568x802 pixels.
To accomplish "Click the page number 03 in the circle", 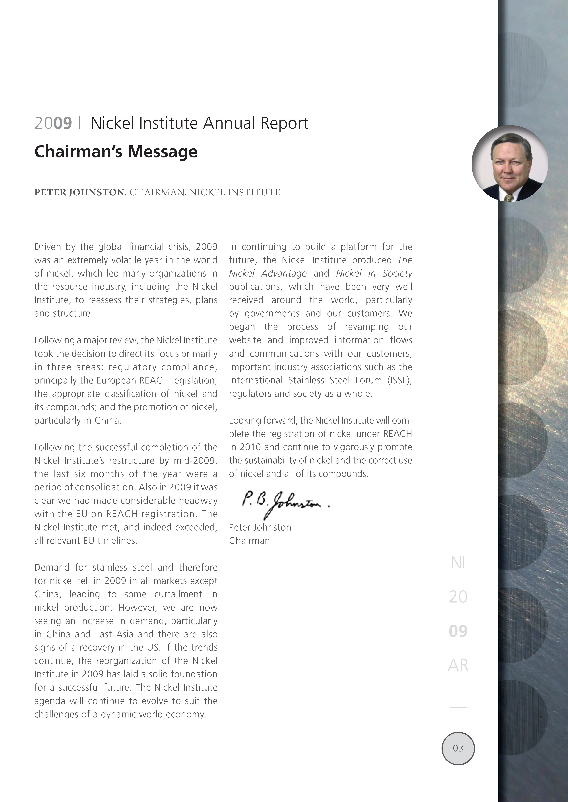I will click(458, 748).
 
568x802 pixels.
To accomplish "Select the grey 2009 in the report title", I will click(53, 123).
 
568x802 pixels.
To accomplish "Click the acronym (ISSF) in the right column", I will click(399, 380).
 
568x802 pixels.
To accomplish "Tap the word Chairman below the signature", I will click(249, 541).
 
